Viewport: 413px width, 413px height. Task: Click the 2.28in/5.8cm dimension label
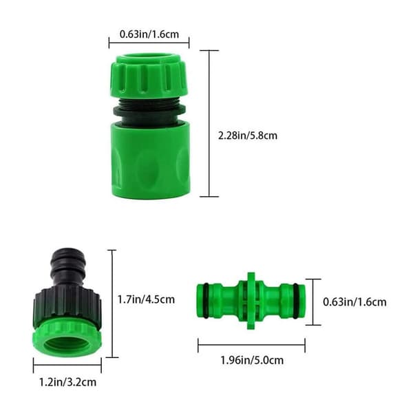tap(248, 136)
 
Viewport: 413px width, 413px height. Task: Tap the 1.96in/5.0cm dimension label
tap(252, 360)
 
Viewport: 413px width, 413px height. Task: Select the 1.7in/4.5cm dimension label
tap(146, 299)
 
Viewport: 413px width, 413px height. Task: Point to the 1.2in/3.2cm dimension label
tap(67, 382)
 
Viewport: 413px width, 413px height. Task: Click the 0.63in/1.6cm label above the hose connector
tap(149, 34)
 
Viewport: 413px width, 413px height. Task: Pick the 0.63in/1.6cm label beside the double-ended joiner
tap(354, 302)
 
